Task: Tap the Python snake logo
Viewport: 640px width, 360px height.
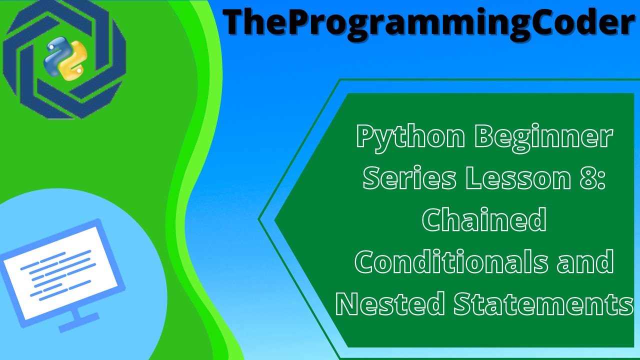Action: [x=62, y=60]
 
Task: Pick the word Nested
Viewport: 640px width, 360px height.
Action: [x=390, y=304]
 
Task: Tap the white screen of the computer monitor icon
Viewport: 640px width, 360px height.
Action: [x=60, y=272]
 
